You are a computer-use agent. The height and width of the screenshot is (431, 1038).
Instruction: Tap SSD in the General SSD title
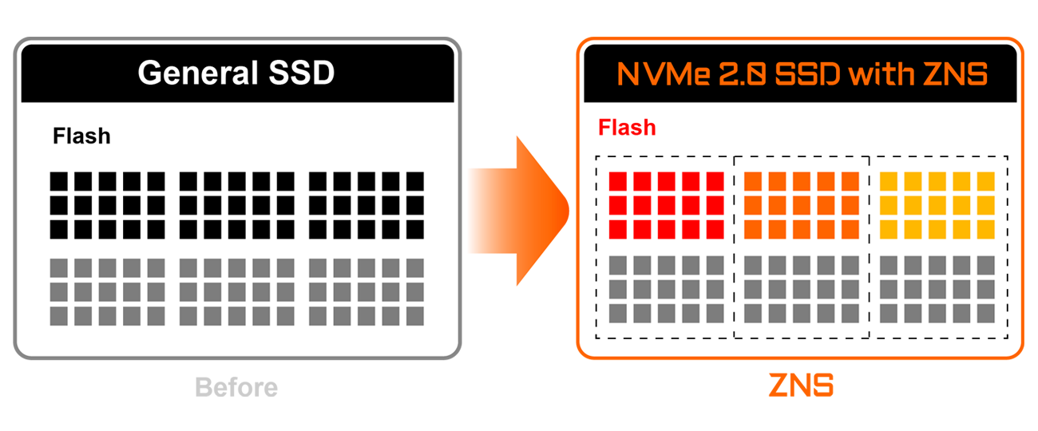(x=297, y=73)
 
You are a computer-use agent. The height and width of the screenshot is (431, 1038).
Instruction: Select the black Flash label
(x=81, y=136)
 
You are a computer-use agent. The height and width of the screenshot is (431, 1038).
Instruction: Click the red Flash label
(x=627, y=128)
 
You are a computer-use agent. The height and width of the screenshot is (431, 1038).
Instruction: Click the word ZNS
(x=957, y=75)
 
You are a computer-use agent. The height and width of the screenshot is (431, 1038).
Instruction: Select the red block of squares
(x=666, y=205)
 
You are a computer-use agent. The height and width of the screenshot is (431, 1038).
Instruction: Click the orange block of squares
(x=801, y=205)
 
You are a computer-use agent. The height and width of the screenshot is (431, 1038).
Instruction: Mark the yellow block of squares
(x=937, y=205)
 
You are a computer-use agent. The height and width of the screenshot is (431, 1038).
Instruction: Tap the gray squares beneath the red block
(x=666, y=289)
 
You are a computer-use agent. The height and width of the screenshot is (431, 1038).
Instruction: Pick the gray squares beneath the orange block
(x=801, y=289)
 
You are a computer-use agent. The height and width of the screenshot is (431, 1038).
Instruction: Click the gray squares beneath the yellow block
(x=937, y=289)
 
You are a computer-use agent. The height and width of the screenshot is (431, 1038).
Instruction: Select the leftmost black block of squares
(x=108, y=205)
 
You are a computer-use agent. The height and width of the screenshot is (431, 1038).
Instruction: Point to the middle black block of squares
(x=237, y=205)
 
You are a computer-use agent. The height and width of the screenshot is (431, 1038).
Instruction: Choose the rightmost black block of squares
(x=366, y=205)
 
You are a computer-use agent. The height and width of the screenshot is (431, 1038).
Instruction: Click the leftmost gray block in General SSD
(x=108, y=291)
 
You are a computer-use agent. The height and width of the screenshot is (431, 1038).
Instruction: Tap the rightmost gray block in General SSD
(x=366, y=291)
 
